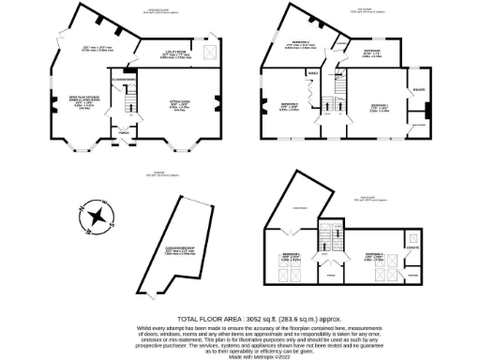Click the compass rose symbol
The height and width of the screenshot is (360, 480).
96,219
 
